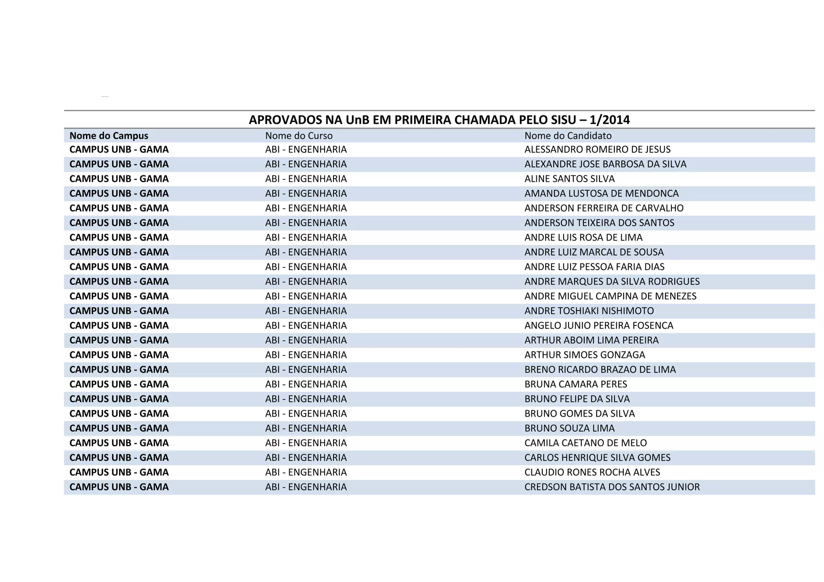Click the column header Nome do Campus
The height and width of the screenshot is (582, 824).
(x=109, y=136)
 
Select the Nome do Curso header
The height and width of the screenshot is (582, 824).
(x=299, y=136)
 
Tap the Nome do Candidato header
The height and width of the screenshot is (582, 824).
(x=568, y=136)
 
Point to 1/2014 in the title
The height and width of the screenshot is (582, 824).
(x=610, y=120)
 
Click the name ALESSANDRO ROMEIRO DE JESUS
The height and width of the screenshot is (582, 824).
(x=597, y=150)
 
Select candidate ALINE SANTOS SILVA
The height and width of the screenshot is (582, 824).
(x=569, y=179)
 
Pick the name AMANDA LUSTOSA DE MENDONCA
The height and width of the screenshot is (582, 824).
(x=601, y=193)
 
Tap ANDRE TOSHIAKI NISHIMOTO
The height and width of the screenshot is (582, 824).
(x=589, y=311)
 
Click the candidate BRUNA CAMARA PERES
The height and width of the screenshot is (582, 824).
(x=575, y=385)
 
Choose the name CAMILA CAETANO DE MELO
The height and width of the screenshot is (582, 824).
(x=585, y=443)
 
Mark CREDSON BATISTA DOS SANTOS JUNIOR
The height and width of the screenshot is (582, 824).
(x=612, y=487)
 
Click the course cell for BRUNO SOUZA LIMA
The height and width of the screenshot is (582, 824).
(x=306, y=428)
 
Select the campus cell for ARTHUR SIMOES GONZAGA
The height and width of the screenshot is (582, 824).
(x=119, y=355)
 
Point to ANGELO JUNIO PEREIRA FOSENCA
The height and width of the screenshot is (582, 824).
(x=599, y=326)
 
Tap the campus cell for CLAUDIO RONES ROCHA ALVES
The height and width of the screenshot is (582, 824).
(x=119, y=473)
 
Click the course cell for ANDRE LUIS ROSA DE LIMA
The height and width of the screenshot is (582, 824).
(x=306, y=238)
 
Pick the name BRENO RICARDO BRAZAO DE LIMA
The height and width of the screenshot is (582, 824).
(x=600, y=370)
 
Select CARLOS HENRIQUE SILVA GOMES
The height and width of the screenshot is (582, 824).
(x=597, y=458)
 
